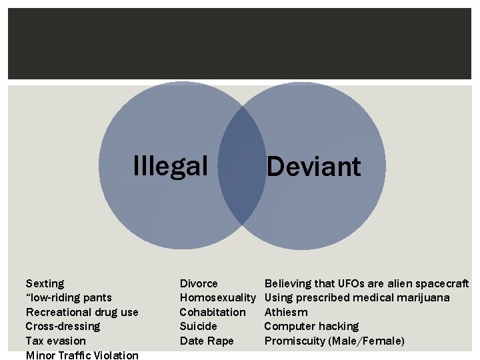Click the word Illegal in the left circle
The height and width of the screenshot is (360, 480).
(x=171, y=165)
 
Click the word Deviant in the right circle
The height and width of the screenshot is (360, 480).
(x=313, y=166)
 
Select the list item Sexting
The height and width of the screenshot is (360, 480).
(x=45, y=284)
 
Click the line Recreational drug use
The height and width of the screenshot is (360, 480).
(x=82, y=312)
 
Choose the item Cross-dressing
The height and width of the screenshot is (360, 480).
(x=63, y=326)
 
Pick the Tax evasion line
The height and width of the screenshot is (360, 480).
(x=55, y=341)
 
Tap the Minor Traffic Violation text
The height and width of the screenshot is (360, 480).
(x=82, y=355)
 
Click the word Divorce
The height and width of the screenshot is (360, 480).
(x=199, y=284)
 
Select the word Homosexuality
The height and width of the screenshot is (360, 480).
(x=218, y=298)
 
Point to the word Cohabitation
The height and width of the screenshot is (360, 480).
(x=213, y=312)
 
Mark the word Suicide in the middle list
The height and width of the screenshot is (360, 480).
(x=199, y=326)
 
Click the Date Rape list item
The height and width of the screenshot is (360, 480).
(x=207, y=341)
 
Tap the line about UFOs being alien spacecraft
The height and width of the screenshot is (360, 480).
(x=367, y=284)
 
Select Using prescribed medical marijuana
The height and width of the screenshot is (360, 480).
(x=357, y=298)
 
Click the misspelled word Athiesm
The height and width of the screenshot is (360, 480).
(x=286, y=312)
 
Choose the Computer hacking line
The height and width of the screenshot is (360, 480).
(x=311, y=326)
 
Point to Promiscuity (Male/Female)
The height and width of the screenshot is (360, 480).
(x=334, y=341)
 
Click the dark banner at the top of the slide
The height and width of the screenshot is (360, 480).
(x=240, y=44)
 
